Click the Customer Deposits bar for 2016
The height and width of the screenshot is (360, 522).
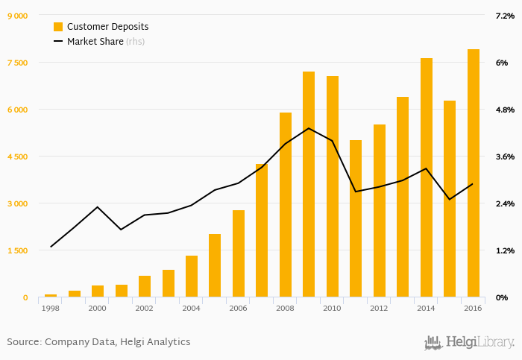pos(474,174)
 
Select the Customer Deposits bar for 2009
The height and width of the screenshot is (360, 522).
pos(309,185)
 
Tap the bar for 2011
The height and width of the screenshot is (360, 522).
pos(356,219)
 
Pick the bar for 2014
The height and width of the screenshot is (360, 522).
pos(427,178)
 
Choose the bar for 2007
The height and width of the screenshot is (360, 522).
pos(262,231)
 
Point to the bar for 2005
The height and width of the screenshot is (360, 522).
pos(215,266)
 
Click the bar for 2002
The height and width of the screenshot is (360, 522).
pos(145,287)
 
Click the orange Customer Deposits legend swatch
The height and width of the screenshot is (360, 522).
pos(58,27)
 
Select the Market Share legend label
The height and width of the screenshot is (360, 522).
pos(95,42)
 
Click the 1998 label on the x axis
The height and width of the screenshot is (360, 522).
pos(51,308)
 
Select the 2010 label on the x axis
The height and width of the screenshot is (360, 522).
pos(333,308)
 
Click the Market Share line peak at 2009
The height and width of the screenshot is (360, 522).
pos(309,128)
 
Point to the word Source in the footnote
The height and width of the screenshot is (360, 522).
pos(22,342)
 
